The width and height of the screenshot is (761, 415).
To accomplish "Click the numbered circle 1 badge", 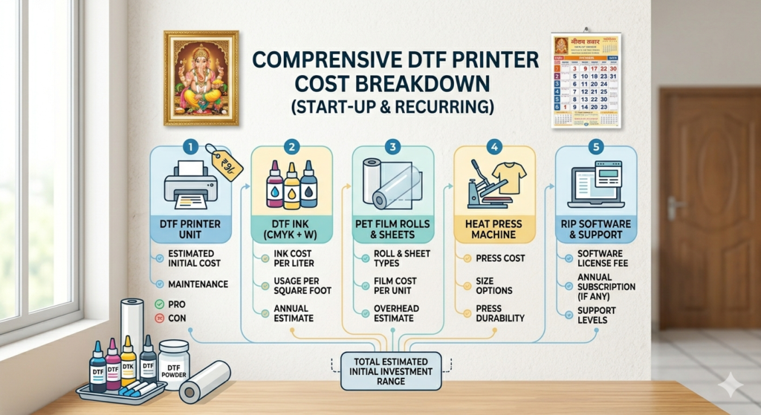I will (191, 146).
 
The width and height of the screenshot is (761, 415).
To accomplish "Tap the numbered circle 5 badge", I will (595, 146).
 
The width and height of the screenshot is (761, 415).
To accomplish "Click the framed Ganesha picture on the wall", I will (201, 77).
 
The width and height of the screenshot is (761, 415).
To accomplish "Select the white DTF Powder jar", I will (174, 362).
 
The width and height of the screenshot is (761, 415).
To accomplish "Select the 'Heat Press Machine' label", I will (493, 229).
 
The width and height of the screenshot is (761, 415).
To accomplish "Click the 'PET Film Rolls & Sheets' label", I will (393, 229).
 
